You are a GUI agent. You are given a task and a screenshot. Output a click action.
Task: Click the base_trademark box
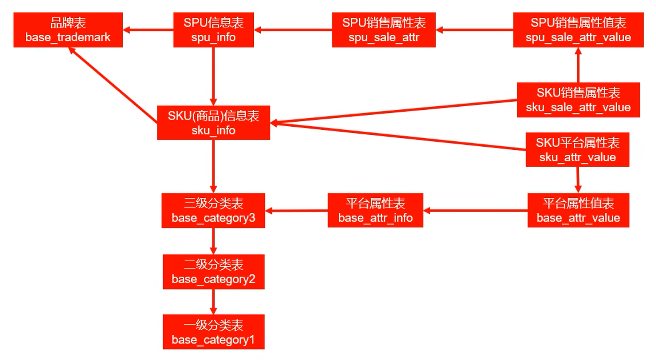click(x=68, y=30)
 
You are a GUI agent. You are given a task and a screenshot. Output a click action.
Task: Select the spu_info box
click(x=213, y=30)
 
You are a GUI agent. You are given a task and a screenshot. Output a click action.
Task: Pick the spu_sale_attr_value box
click(x=578, y=30)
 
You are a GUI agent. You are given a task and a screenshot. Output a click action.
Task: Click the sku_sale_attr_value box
click(x=578, y=100)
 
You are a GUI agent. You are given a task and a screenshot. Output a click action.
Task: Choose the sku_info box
click(x=213, y=123)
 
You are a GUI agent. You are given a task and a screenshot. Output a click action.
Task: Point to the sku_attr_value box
click(x=577, y=149)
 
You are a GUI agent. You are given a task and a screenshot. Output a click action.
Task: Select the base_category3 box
click(x=213, y=210)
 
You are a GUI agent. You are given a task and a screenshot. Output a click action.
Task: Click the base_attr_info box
click(x=376, y=210)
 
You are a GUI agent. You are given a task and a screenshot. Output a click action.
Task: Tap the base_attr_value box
click(x=578, y=210)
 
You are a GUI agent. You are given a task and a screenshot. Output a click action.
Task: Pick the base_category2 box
click(x=213, y=272)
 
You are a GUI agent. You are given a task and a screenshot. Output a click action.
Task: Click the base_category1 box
click(x=213, y=332)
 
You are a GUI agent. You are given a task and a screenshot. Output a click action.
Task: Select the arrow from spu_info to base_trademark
click(x=148, y=30)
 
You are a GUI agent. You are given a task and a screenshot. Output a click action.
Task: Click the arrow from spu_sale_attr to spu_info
click(x=293, y=30)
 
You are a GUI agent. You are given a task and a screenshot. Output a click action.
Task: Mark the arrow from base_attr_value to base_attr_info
click(x=476, y=210)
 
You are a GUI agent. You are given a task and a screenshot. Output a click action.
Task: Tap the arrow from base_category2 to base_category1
click(x=213, y=302)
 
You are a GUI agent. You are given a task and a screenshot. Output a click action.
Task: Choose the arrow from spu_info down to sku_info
click(x=213, y=76)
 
